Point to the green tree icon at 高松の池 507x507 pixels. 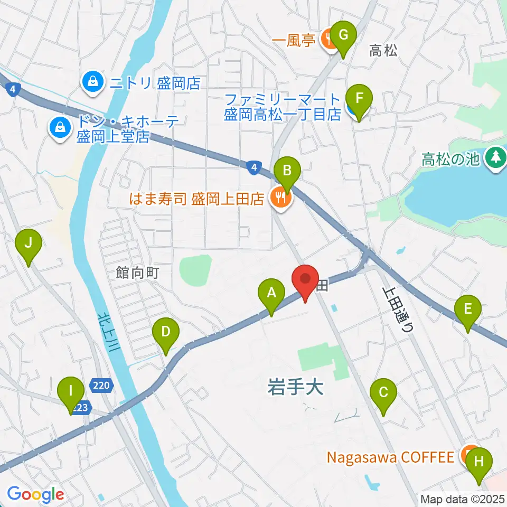coord(495,157)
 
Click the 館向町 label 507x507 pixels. coord(137,273)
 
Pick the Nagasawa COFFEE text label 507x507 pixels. coord(390,456)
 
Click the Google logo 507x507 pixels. coord(35,495)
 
